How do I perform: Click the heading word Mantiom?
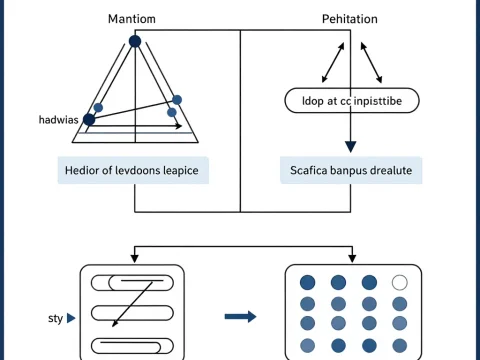[133, 19]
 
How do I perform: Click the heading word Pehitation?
[349, 19]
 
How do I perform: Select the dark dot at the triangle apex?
[134, 41]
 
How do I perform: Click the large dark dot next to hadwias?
[89, 119]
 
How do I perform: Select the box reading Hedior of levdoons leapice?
[133, 170]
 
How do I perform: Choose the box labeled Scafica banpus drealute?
[350, 170]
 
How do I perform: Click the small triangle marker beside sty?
[71, 318]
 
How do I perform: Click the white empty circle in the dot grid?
[400, 283]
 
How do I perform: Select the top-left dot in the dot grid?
[308, 283]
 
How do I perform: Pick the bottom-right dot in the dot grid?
[400, 345]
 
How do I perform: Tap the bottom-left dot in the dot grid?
[308, 345]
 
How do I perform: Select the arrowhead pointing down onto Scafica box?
[350, 149]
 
